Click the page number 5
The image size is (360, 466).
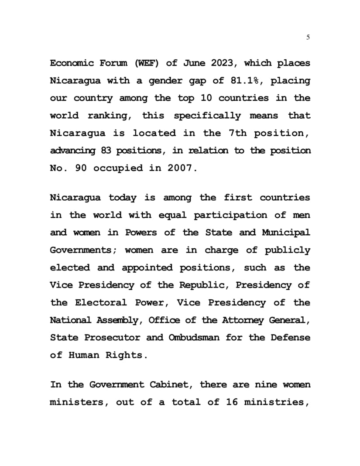pos(308,38)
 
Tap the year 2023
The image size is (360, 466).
pos(223,63)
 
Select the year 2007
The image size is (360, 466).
pos(180,168)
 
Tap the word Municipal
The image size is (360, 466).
pos(286,233)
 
